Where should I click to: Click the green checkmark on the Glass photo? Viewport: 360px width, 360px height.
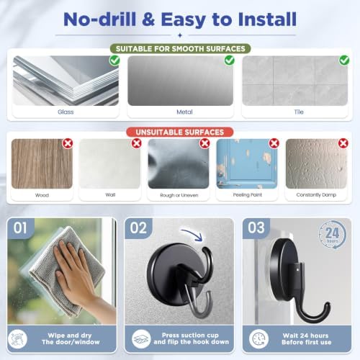(114, 60)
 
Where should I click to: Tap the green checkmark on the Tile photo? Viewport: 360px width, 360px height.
(344, 60)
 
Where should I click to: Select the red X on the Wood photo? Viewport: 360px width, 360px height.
(68, 143)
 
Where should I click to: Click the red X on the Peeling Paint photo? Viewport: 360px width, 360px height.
(274, 143)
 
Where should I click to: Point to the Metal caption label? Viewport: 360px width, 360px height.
(184, 112)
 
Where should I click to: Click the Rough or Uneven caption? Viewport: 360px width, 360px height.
(179, 195)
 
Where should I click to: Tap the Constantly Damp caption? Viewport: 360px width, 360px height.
(316, 195)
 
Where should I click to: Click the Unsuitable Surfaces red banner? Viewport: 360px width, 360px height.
(180, 132)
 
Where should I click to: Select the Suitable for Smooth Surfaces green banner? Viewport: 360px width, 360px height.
(181, 49)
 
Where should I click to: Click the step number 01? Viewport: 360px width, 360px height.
(20, 228)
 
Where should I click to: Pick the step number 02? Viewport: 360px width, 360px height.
(138, 228)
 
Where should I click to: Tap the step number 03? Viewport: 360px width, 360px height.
(256, 228)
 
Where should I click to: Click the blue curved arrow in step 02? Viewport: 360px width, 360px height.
(194, 233)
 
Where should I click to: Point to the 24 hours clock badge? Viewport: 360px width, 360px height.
(333, 235)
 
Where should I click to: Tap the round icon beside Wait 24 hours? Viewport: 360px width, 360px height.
(258, 339)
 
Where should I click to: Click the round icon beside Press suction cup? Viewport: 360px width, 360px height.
(141, 339)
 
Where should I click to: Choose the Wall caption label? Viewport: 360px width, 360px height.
(110, 195)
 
